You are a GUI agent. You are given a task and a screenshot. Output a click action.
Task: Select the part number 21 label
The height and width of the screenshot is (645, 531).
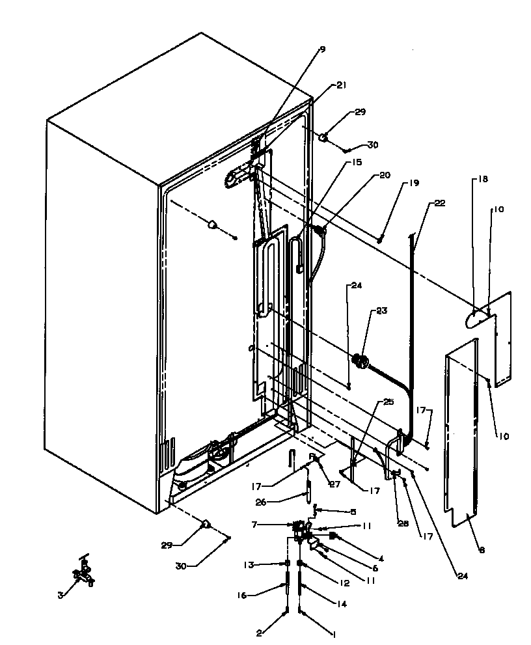click(342, 85)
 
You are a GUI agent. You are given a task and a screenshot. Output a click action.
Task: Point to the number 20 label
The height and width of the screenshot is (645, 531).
click(385, 175)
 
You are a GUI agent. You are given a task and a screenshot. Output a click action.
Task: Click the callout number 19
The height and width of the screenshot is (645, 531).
click(414, 184)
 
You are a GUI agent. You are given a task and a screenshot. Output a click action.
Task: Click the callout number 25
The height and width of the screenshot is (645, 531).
click(388, 402)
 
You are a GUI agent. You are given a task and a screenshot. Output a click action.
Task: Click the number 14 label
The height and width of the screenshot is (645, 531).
click(341, 604)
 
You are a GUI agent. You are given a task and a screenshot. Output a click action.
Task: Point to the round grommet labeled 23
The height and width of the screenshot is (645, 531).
click(358, 360)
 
